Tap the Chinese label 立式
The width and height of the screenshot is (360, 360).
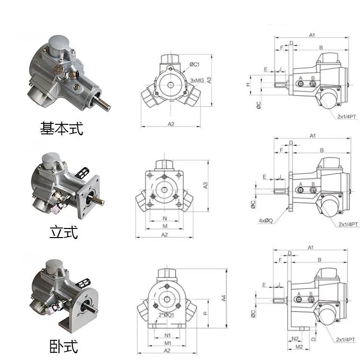coord(63,233)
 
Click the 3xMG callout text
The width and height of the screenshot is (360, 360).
coord(198,80)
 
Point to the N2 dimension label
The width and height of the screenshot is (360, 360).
coord(296,338)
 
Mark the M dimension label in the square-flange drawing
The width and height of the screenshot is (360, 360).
coord(164,226)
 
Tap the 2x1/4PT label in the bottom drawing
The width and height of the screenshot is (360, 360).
coord(345,340)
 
